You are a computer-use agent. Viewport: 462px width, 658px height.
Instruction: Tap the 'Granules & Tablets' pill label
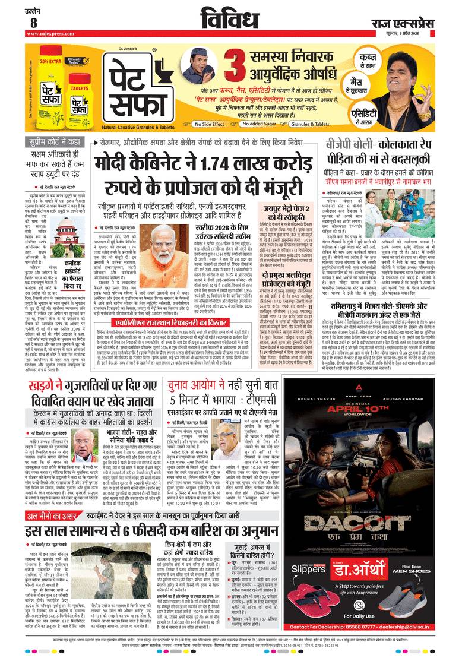pyautogui.click(x=323, y=124)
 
